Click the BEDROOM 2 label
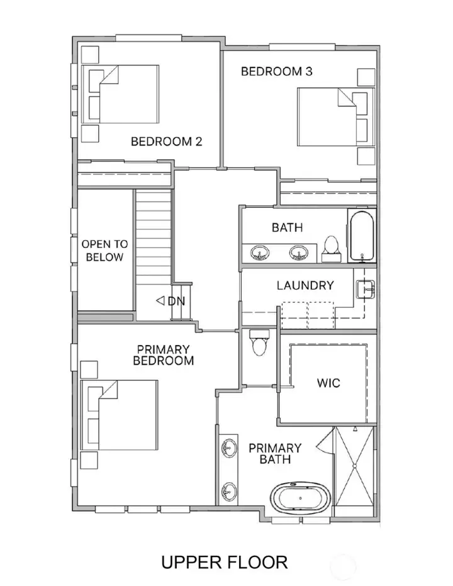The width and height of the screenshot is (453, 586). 166,141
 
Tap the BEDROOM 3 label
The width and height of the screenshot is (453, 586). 276,71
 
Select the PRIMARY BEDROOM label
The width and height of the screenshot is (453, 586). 163,355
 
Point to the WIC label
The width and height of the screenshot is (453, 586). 328,383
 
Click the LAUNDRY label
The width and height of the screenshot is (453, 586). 305,286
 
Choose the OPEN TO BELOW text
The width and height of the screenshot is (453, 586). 104,251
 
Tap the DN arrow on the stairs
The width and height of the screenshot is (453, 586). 160,300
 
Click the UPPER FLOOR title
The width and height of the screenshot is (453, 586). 225,562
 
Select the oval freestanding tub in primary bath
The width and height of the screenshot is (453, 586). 301,498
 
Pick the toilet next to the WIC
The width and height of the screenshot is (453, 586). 259,342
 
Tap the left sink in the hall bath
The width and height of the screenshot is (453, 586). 260,252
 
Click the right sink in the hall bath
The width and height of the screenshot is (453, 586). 299,252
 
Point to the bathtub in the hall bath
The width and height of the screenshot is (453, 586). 362,235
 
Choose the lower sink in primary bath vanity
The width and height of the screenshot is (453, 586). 228,491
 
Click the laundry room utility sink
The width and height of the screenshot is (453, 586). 366,289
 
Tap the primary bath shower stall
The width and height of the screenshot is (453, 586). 354,471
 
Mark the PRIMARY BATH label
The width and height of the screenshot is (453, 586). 275,454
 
